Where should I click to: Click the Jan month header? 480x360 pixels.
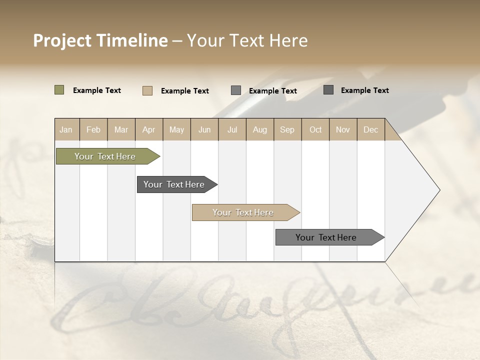click(x=66, y=130)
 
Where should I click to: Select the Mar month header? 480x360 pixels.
click(x=121, y=130)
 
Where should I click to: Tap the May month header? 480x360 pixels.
click(x=176, y=130)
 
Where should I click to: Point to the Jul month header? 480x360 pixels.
click(x=232, y=130)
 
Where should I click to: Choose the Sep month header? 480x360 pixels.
click(x=287, y=130)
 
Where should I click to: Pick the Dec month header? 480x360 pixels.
click(x=370, y=130)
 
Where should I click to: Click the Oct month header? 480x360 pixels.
click(x=315, y=130)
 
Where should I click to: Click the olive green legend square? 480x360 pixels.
click(x=59, y=90)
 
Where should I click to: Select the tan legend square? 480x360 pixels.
click(x=147, y=90)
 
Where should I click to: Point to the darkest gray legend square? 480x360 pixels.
click(x=328, y=90)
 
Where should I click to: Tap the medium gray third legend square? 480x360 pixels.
click(x=236, y=90)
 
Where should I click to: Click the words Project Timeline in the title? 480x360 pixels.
click(x=100, y=40)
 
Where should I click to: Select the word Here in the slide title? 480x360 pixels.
click(x=288, y=40)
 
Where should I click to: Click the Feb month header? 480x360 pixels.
click(x=93, y=130)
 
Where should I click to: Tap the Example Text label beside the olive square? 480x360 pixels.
click(x=97, y=90)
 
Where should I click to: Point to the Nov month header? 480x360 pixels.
click(x=343, y=130)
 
